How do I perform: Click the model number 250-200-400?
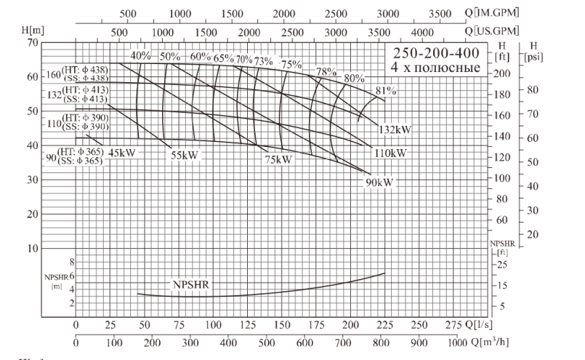(436, 55)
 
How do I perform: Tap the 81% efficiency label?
(386, 91)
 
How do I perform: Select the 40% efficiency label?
(140, 56)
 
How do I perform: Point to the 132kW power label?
(395, 129)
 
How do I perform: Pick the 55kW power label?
(185, 155)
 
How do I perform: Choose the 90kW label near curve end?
(379, 183)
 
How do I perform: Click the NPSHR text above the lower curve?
(190, 284)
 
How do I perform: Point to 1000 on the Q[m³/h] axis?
(457, 343)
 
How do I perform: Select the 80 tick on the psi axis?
(532, 90)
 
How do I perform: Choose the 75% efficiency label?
(291, 65)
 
